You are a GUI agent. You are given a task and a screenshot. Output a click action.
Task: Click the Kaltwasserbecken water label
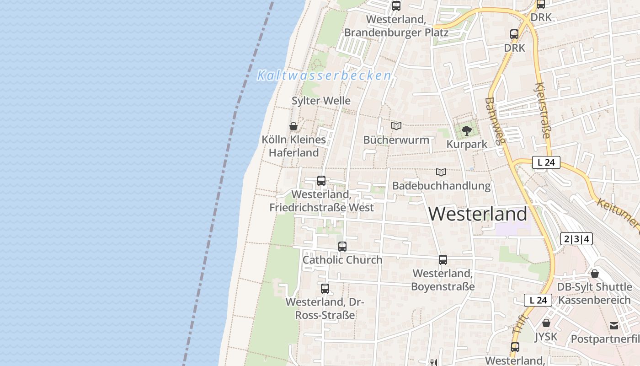click(324, 75)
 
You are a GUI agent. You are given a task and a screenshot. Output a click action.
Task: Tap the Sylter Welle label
click(321, 101)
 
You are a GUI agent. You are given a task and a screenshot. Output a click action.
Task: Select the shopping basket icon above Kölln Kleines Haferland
click(293, 126)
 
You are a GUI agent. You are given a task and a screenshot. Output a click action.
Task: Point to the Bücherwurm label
click(396, 140)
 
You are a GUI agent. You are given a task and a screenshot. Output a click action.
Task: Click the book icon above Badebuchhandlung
click(441, 172)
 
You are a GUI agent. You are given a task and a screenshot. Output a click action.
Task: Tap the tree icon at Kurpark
click(466, 131)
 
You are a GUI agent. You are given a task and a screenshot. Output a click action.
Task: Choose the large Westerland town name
click(478, 214)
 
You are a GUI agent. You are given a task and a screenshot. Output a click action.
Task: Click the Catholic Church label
click(342, 260)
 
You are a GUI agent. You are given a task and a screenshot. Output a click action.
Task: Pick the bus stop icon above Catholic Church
click(342, 247)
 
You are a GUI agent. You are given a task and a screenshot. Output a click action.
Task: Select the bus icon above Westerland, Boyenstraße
click(443, 260)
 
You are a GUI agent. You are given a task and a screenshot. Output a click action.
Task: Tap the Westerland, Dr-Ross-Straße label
click(325, 308)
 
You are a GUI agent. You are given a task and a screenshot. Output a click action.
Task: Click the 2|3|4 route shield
click(576, 239)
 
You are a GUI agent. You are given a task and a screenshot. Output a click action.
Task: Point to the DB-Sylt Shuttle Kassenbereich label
click(594, 294)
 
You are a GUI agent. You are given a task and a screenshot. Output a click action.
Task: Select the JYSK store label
click(546, 337)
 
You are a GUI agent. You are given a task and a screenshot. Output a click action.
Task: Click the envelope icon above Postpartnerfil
click(613, 326)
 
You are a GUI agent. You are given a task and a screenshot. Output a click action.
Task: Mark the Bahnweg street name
click(496, 120)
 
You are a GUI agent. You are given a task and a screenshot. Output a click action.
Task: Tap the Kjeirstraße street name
click(542, 110)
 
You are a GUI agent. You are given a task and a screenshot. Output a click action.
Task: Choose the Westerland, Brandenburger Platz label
click(396, 26)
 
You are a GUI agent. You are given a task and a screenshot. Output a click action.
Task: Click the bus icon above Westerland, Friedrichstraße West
click(321, 181)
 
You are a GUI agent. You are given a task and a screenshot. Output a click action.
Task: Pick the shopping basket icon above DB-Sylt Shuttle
click(595, 274)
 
